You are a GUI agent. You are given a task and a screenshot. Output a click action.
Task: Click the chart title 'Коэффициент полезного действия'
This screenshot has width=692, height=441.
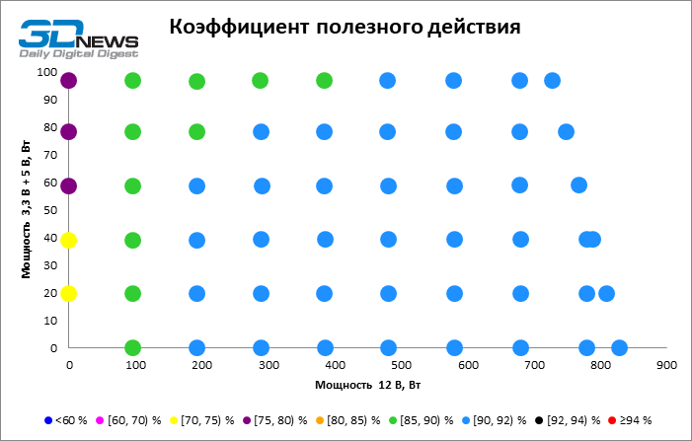344,27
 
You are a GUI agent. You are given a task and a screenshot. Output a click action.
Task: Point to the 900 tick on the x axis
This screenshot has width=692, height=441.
664,365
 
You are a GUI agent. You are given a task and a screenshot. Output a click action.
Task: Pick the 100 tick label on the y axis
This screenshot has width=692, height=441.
46,72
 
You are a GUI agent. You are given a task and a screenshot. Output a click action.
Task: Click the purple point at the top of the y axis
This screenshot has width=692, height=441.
68,81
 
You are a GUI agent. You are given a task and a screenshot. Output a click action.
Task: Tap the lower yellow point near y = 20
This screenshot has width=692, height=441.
68,293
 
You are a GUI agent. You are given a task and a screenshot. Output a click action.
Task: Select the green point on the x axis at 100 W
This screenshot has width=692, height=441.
132,347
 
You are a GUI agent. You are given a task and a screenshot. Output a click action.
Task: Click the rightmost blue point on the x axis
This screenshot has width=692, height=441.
619,347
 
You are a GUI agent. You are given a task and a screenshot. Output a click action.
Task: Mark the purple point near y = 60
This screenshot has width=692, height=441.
68,185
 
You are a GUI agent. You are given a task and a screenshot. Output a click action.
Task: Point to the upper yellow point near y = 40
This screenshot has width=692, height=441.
68,240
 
